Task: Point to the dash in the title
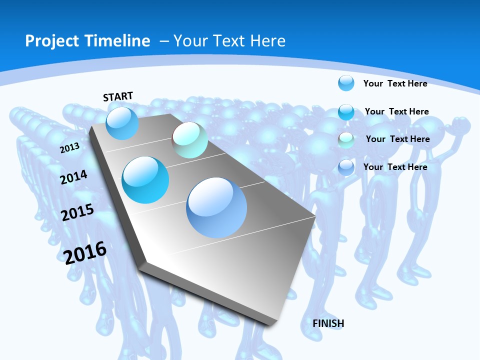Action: coord(164,41)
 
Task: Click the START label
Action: coord(118,96)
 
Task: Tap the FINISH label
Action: coord(328,323)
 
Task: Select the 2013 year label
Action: coord(70,148)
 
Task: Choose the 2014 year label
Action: coord(74,177)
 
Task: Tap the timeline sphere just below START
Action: coord(122,123)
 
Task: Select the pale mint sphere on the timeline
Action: coord(190,140)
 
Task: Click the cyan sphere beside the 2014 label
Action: coord(145,179)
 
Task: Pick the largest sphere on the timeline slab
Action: coord(217,207)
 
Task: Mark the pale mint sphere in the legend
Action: coord(346,139)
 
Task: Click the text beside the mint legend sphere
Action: coord(397,139)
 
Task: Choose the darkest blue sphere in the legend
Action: coord(346,167)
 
